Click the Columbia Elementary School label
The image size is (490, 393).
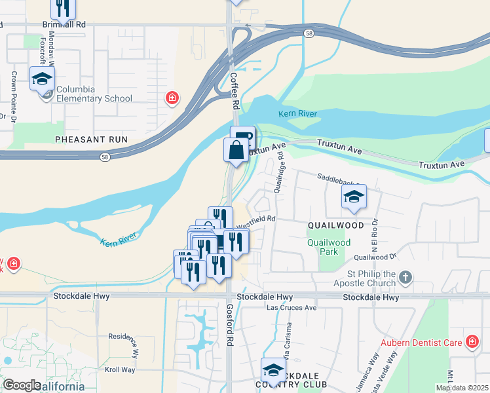[94, 94]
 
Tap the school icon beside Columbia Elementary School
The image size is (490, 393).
[43, 79]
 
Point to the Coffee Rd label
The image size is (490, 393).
[234, 91]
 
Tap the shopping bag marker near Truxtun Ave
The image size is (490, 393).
[236, 150]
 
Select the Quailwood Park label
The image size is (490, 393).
[329, 246]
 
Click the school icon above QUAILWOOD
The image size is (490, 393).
[354, 196]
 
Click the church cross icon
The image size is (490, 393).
[405, 278]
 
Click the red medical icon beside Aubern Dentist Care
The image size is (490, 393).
[472, 341]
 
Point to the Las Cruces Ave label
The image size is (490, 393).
[292, 307]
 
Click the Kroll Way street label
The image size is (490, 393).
[120, 370]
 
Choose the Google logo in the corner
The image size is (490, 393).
[22, 385]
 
